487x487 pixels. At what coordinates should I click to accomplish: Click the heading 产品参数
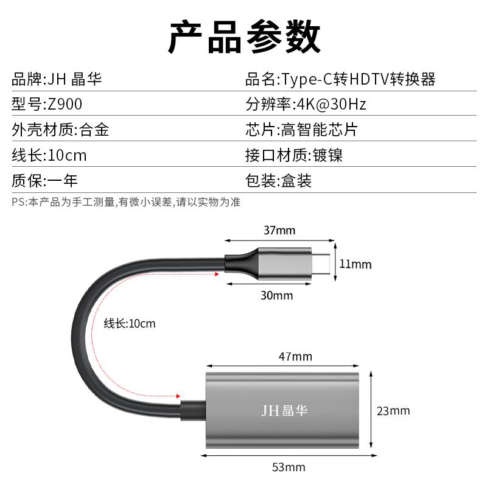(x=243, y=37)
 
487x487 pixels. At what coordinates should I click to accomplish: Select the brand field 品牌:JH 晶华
(x=57, y=79)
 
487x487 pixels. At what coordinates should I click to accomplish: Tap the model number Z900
(x=65, y=104)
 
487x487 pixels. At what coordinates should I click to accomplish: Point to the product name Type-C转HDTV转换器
(x=358, y=79)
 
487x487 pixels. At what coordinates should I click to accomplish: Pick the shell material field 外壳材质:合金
(x=60, y=130)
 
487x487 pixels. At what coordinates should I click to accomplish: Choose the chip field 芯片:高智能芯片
(x=301, y=130)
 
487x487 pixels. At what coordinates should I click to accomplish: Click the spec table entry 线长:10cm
(x=49, y=155)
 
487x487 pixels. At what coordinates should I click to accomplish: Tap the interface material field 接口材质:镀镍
(x=294, y=155)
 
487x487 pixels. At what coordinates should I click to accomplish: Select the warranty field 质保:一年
(x=44, y=181)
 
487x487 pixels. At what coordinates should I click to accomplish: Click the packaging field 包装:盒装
(x=278, y=181)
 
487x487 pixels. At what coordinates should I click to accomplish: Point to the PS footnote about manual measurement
(x=125, y=202)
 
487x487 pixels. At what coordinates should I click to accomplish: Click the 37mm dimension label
(x=279, y=231)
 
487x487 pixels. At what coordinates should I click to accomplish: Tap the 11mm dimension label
(x=355, y=264)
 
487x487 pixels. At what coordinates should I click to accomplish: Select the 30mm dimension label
(x=277, y=296)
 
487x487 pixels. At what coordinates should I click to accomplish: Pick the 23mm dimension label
(x=393, y=411)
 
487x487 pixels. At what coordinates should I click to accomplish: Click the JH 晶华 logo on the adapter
(x=284, y=411)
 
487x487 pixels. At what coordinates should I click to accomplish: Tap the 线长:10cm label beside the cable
(x=129, y=324)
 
